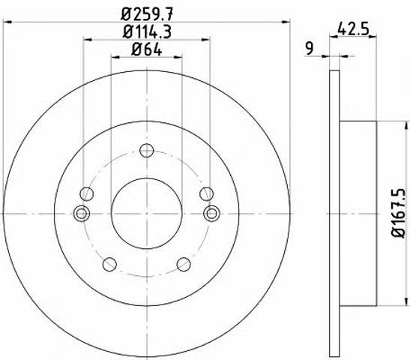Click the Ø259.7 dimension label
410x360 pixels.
tap(147, 13)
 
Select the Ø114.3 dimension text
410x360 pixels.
tap(147, 32)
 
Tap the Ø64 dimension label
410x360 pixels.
tap(146, 49)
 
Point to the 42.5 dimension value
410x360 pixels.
tap(353, 28)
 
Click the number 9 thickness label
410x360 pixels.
tap(310, 49)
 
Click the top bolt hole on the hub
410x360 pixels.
tap(146, 150)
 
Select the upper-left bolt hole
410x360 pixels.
tap(86, 193)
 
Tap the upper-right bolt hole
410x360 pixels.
tap(207, 193)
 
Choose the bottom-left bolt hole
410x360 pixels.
tap(109, 264)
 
